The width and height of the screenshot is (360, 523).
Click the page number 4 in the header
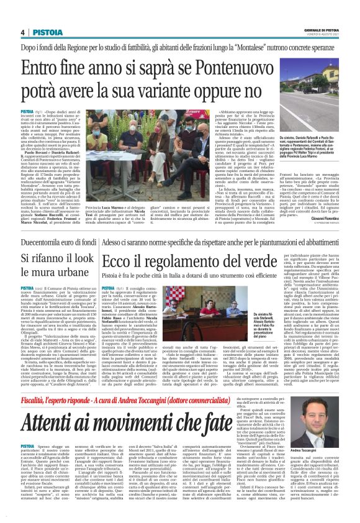tap(22, 32)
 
